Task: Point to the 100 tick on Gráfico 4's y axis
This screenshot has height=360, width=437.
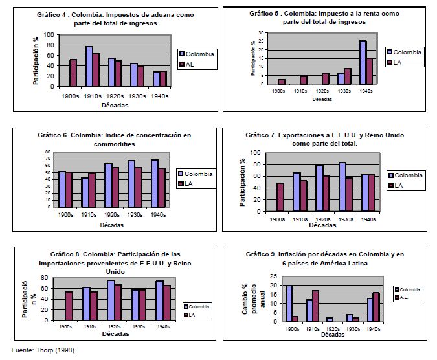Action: point(50,35)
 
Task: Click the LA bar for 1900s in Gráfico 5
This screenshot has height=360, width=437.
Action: point(282,81)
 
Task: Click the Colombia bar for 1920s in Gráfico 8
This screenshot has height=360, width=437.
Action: point(111,300)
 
